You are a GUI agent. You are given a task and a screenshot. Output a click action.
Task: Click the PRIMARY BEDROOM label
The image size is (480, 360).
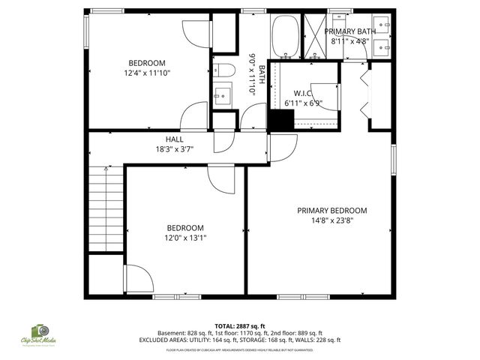pyautogui.click(x=332, y=211)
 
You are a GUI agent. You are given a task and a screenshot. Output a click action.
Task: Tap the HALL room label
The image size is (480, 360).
pyautogui.click(x=174, y=139)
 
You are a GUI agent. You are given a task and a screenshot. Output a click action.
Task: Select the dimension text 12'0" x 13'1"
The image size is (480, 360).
pyautogui.click(x=185, y=238)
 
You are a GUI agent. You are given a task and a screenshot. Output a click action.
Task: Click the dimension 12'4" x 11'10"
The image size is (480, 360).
pyautogui.click(x=147, y=73)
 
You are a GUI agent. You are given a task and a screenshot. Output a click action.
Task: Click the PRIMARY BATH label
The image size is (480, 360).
pyautogui.click(x=349, y=31)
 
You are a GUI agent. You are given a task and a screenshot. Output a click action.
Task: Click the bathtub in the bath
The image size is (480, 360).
pyautogui.click(x=285, y=36)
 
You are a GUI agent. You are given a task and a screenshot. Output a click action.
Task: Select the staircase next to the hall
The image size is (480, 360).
pyautogui.click(x=105, y=209)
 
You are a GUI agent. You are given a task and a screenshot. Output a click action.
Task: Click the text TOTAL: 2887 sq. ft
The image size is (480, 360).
pyautogui.click(x=239, y=325)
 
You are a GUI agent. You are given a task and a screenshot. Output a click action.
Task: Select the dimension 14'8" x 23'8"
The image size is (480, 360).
pyautogui.click(x=332, y=220)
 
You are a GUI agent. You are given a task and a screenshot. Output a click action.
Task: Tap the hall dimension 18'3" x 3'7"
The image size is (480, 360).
pyautogui.click(x=174, y=149)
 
